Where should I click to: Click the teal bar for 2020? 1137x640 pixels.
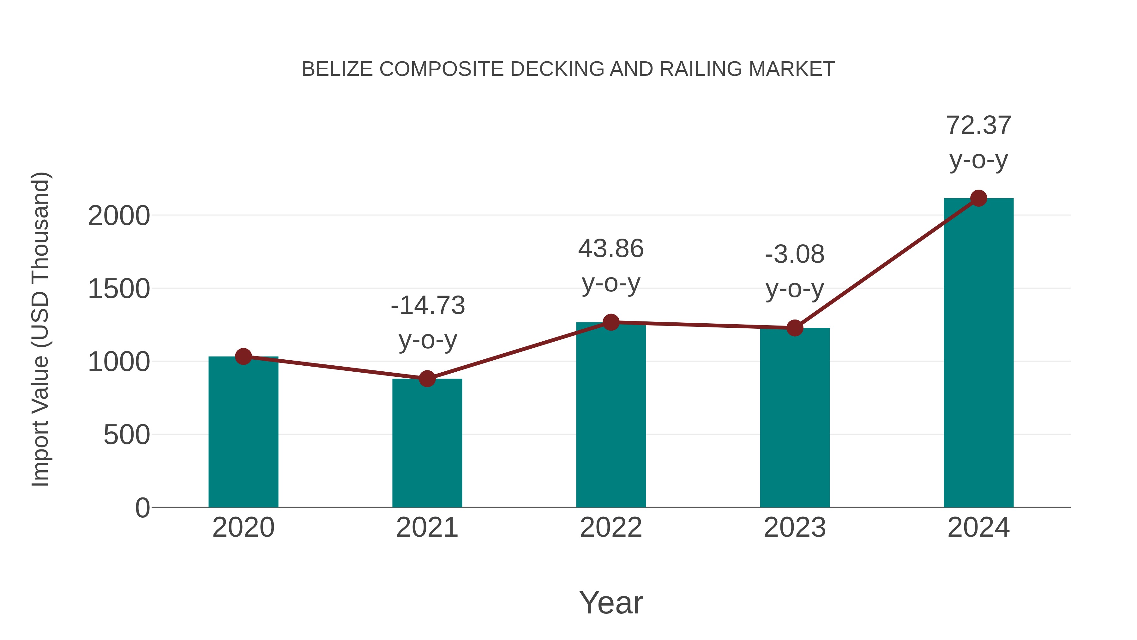(x=243, y=433)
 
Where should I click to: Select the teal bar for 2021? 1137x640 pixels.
(x=427, y=444)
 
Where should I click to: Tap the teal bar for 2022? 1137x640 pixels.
(x=611, y=415)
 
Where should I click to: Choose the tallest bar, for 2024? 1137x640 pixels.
(x=978, y=353)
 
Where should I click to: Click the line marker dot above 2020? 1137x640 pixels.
(x=243, y=357)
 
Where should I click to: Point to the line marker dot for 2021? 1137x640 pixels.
(x=427, y=379)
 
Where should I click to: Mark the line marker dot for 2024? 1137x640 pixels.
(x=978, y=198)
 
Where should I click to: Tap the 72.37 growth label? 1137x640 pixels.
(x=978, y=125)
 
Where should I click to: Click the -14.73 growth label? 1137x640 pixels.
(x=428, y=306)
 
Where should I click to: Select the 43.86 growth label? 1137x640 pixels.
(x=611, y=249)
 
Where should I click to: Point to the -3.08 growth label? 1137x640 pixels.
(x=795, y=255)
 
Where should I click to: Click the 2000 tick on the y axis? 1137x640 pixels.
(x=119, y=216)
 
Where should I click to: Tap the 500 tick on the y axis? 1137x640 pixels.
(x=127, y=435)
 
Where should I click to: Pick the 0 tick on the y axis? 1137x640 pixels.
(x=142, y=508)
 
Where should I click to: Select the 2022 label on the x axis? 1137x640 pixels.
(x=611, y=528)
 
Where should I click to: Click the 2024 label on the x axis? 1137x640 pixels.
(x=978, y=528)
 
